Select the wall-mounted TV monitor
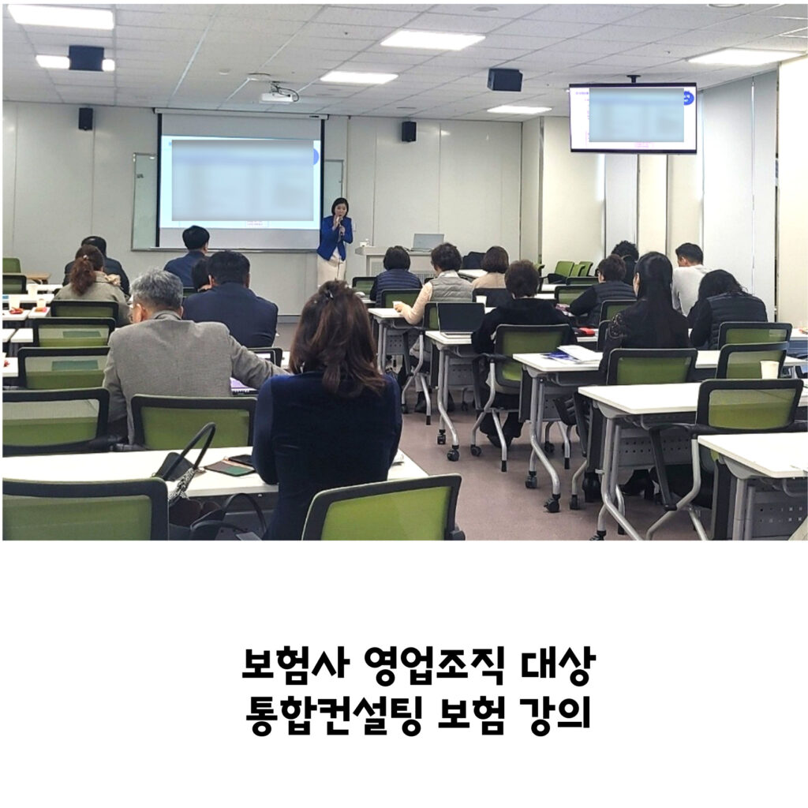633,118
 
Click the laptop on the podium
427,242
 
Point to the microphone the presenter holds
340,225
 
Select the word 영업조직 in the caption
435,666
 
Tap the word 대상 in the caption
558,666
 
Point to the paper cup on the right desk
769,369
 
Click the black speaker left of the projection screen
85,118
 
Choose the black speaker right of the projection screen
409,132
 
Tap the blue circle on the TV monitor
689,97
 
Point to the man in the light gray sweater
690,279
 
